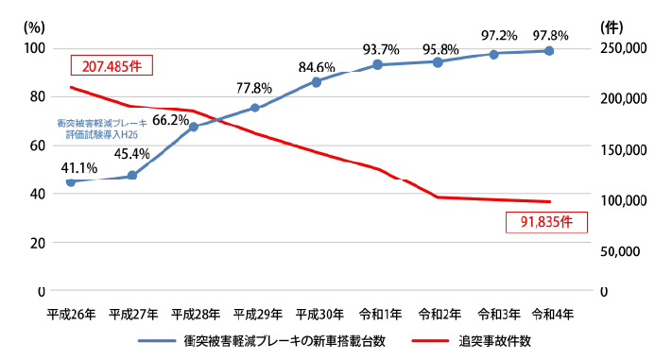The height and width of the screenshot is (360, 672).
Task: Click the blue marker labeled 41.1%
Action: click(70, 181)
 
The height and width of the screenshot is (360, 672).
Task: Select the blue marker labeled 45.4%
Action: click(132, 176)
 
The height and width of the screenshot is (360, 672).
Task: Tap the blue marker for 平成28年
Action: click(194, 127)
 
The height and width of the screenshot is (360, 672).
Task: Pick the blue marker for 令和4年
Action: click(549, 50)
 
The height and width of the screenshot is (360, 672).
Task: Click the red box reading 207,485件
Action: click(112, 66)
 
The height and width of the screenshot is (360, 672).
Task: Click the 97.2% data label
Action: click(497, 35)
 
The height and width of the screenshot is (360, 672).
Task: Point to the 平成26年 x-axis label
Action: click(70, 313)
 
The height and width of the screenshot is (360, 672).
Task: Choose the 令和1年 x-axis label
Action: click(380, 313)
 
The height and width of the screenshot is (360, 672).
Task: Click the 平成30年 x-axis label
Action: click(317, 313)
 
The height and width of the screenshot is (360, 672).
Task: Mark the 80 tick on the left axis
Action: click(35, 96)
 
